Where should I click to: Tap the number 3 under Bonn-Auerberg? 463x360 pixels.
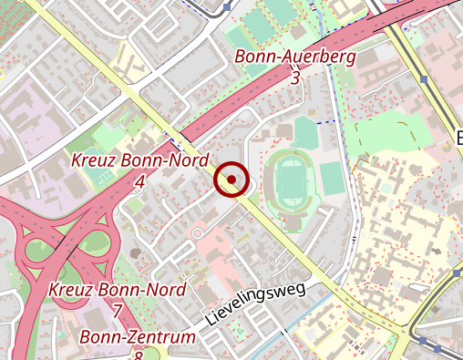point(294,78)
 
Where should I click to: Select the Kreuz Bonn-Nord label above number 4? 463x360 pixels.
point(139,161)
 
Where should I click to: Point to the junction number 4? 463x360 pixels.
point(139,181)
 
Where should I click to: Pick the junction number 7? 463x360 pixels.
point(118,311)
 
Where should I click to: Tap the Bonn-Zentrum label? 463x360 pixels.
point(138,337)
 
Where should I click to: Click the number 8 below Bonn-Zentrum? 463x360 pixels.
point(139,355)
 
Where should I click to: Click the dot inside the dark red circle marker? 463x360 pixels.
point(231,180)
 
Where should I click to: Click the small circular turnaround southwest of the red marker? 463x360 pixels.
point(198,234)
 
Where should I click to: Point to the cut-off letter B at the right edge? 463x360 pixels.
point(458,139)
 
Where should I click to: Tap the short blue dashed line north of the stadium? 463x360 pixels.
point(326,121)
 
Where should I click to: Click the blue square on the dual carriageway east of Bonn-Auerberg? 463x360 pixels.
point(425,79)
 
